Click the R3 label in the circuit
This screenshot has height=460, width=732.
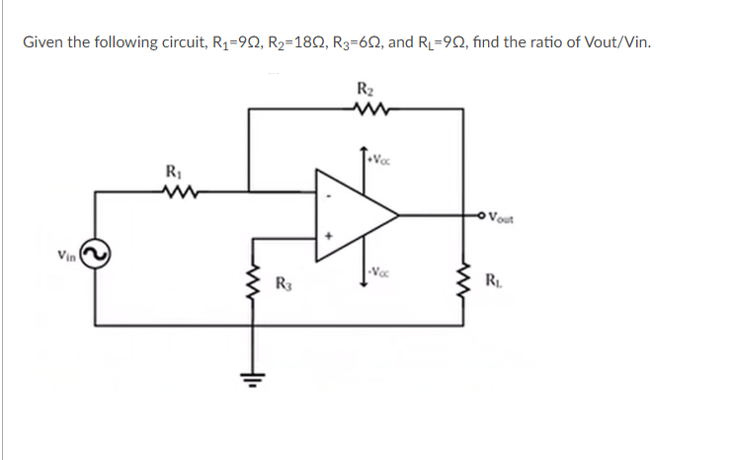click(281, 288)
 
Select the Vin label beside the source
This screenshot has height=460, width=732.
click(66, 256)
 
